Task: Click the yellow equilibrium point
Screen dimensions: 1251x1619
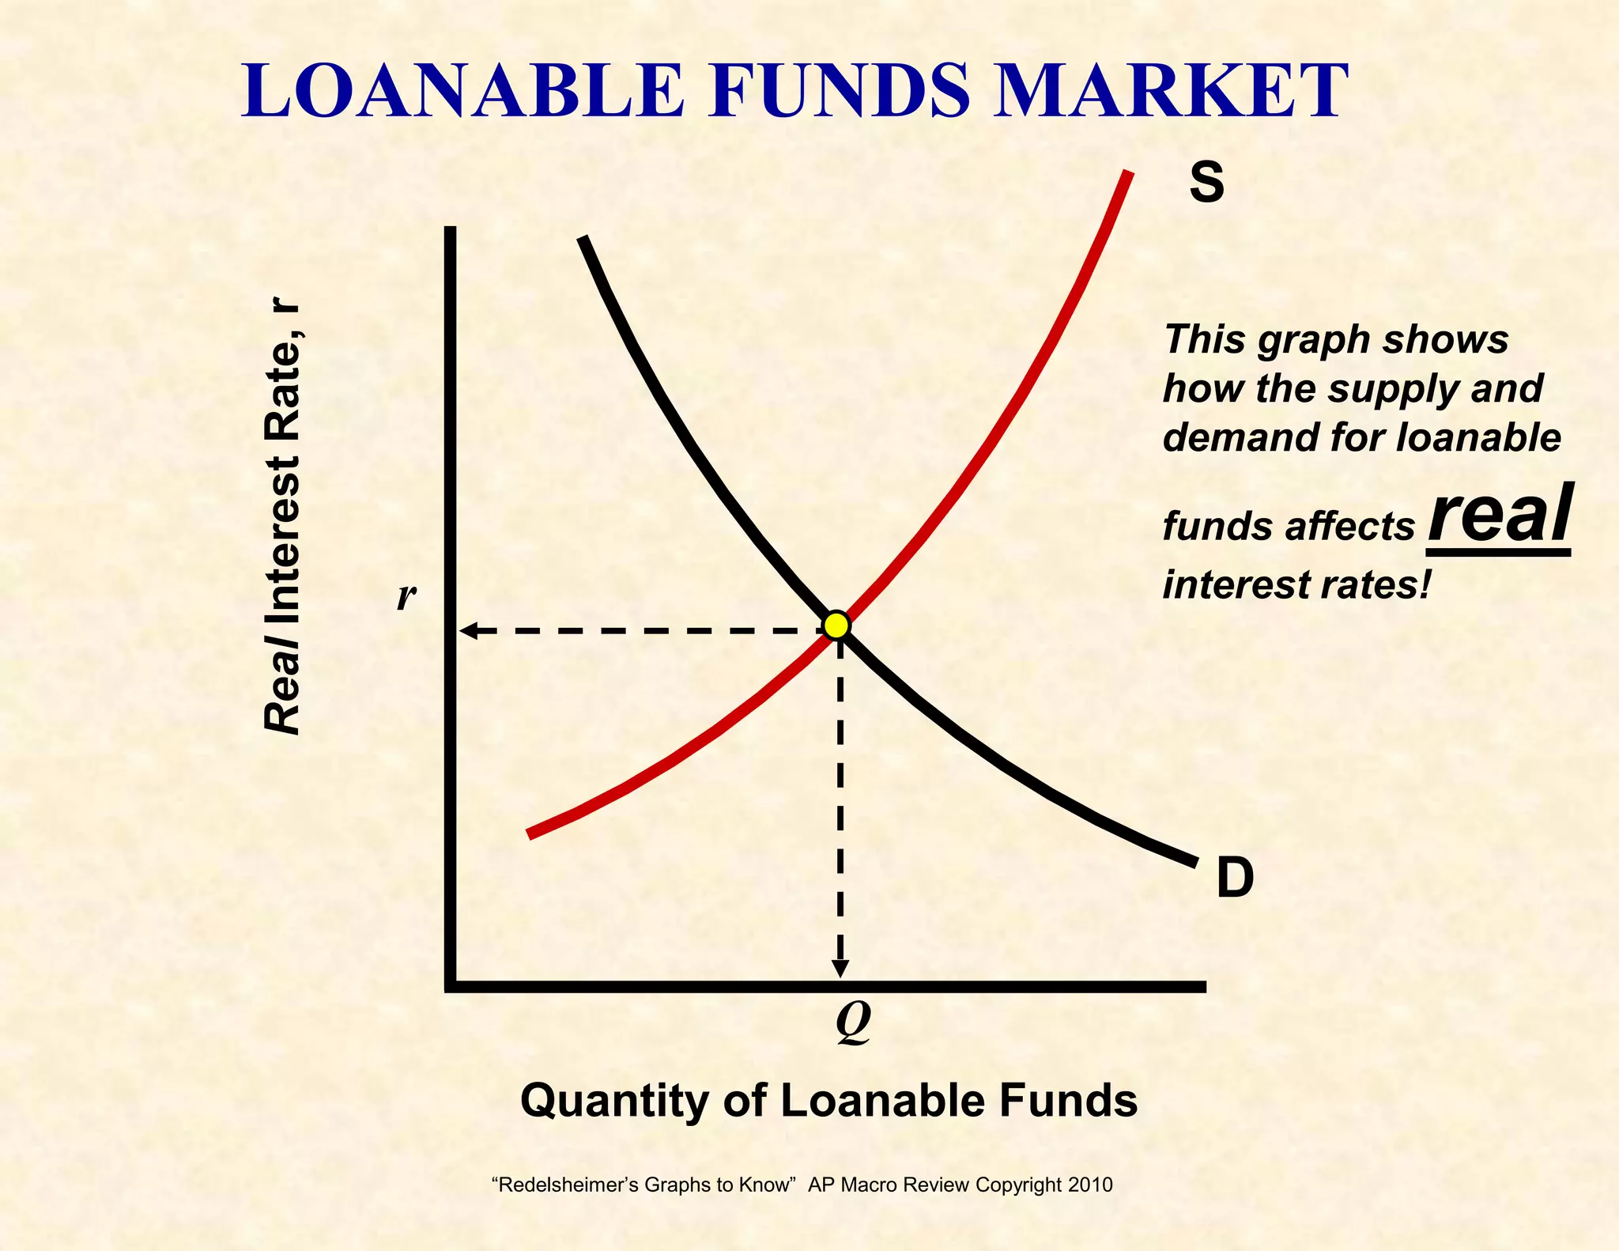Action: tap(836, 625)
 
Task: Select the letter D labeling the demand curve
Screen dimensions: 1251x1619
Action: tap(1235, 879)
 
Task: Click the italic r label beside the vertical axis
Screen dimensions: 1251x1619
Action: tap(406, 596)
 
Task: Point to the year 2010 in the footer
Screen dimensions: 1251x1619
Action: tap(1090, 1185)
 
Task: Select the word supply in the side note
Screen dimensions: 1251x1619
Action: tap(1391, 390)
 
